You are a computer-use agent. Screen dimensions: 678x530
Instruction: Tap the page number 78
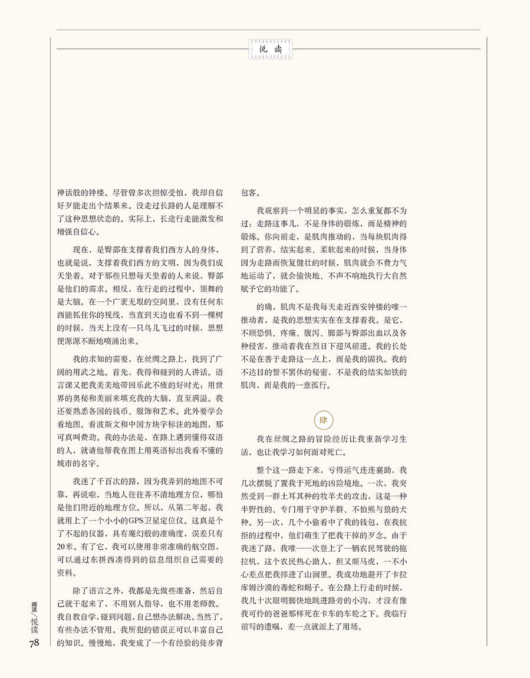tap(34, 643)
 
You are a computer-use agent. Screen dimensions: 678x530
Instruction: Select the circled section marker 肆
tap(322, 420)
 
